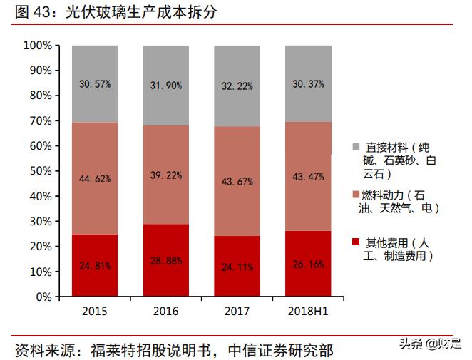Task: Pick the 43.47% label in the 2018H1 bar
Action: coord(308,176)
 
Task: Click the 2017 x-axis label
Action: coord(237,312)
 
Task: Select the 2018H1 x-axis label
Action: coord(308,312)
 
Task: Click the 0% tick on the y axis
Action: coord(43,297)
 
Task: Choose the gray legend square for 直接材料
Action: coord(355,148)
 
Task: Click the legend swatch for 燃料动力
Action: coord(355,195)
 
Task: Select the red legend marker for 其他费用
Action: coord(355,242)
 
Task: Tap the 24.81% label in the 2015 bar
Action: coord(95,267)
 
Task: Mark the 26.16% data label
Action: coord(308,264)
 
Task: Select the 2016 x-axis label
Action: coord(165,312)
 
